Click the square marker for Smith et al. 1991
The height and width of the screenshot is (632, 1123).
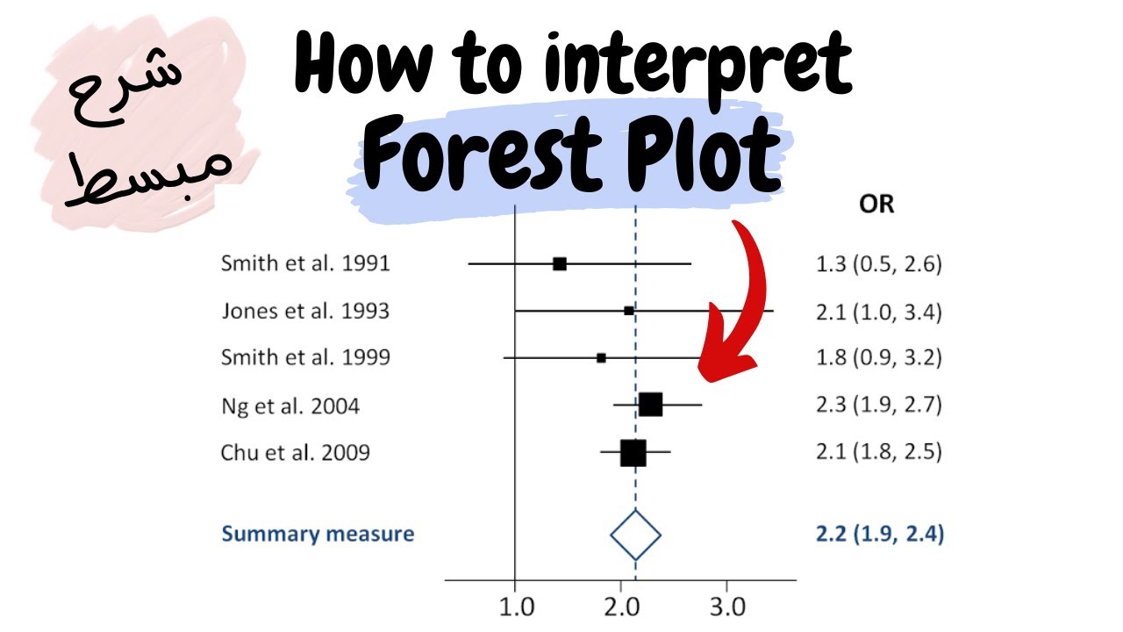click(x=560, y=263)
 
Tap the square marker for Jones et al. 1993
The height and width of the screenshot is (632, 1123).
click(x=628, y=311)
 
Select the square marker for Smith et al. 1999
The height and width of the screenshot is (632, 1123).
click(x=601, y=357)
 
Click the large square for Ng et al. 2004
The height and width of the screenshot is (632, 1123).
click(x=650, y=405)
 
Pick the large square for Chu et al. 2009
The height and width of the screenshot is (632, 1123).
click(x=633, y=453)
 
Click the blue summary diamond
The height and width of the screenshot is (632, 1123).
click(x=635, y=535)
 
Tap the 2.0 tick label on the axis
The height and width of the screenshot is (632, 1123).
click(x=620, y=607)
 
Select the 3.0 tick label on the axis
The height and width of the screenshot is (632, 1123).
click(x=726, y=607)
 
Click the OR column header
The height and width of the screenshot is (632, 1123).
click(x=876, y=205)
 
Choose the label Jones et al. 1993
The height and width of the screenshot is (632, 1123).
click(x=305, y=311)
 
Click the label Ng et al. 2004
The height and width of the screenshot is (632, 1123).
click(x=290, y=406)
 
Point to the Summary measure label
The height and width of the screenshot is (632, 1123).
click(x=318, y=534)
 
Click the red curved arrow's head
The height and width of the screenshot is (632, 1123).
click(x=728, y=364)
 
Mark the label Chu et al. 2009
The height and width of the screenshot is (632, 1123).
click(x=296, y=453)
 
